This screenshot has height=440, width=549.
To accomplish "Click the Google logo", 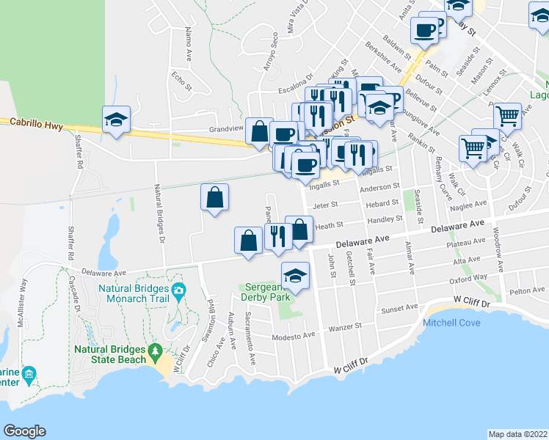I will coord(24,431).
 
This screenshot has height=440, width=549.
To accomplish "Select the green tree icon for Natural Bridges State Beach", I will coord(155,354).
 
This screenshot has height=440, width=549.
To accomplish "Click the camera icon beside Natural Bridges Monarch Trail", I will coord(178,291).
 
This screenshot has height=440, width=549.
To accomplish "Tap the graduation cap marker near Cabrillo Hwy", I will coord(116,120).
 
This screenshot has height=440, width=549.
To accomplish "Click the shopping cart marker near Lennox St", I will coord(507,114).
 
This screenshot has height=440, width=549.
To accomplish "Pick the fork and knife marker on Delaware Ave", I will coord(277,237).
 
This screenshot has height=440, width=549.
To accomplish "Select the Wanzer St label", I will coord(346,327).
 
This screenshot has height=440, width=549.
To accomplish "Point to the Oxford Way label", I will coord(470,278).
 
